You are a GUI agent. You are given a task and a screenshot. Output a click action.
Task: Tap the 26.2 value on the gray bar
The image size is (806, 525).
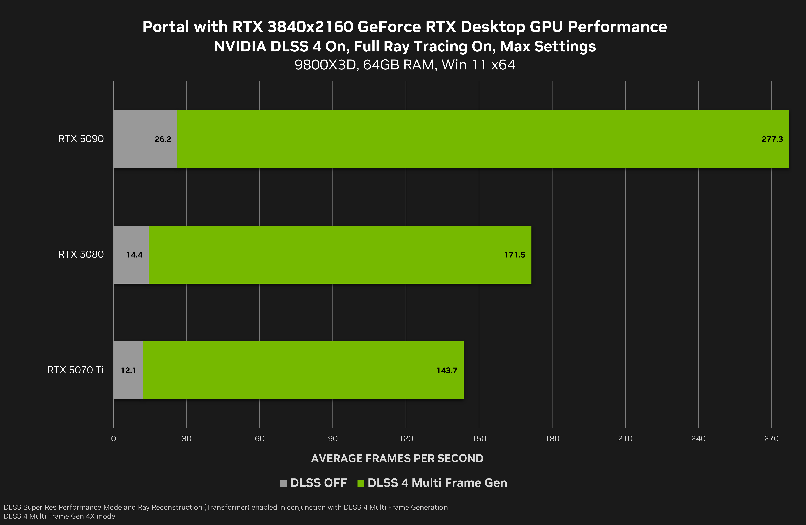coord(163,139)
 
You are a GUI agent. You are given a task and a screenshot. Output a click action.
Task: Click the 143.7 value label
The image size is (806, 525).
coord(447,370)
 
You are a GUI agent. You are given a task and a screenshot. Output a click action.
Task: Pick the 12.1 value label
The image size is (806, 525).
coord(129,370)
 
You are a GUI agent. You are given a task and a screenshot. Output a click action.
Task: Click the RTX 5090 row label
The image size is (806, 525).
coord(81,139)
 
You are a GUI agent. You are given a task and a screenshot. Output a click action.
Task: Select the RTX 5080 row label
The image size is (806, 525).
coord(81,254)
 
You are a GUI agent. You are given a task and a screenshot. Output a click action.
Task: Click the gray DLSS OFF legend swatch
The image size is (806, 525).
coord(283,483)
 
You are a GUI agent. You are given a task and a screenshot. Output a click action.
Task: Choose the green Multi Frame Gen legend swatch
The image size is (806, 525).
coord(361,483)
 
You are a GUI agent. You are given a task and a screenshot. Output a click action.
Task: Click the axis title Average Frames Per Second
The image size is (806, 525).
coord(397,458)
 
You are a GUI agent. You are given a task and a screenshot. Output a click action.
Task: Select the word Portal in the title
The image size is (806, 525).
coord(166,27)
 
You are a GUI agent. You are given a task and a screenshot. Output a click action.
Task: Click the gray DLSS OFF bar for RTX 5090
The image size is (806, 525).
coord(135,152)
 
